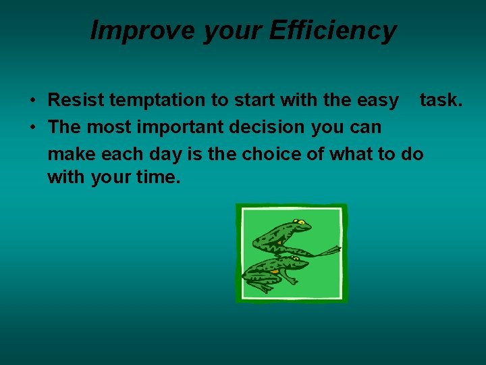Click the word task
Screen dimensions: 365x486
441,100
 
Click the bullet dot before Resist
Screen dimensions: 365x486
32,101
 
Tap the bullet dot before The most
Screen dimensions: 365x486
32,128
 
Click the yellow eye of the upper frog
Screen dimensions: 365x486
302,222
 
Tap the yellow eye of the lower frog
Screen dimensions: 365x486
295,258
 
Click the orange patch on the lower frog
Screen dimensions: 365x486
275,271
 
